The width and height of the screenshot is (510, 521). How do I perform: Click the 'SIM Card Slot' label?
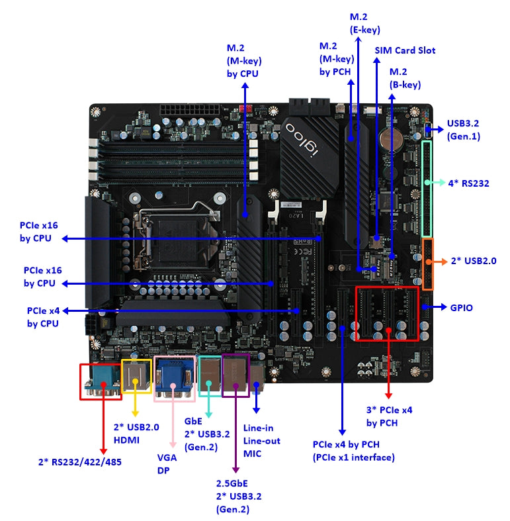point(405,50)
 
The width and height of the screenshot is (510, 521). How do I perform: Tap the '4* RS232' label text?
point(468,183)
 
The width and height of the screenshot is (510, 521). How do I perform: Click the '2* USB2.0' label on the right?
point(473,261)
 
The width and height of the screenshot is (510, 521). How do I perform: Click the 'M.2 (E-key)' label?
point(364,23)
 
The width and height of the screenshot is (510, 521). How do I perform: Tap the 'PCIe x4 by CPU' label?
point(42,316)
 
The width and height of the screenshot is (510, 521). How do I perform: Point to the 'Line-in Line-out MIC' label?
point(262,441)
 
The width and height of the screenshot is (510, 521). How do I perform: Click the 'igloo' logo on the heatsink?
point(304,137)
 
